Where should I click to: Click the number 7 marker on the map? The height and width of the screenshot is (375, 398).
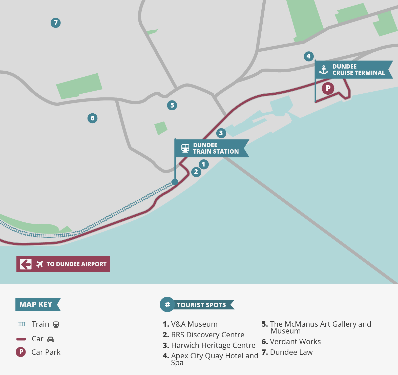[x=56, y=23]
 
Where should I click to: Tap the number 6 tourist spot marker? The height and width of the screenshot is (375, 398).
[x=92, y=118]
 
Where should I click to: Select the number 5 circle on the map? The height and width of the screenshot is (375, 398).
[x=172, y=105]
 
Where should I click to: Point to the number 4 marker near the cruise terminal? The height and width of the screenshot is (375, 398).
[x=308, y=56]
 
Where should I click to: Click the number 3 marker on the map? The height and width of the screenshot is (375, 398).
[x=221, y=133]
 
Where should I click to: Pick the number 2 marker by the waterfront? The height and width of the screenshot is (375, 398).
[x=196, y=172]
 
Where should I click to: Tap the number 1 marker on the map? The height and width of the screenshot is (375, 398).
[x=204, y=164]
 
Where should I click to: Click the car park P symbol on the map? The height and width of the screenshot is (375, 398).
[x=328, y=88]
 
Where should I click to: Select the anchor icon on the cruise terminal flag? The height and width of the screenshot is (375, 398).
[x=324, y=70]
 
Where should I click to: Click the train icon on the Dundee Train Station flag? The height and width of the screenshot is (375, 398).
[x=185, y=148]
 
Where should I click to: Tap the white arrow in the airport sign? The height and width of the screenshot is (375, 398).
[x=26, y=264]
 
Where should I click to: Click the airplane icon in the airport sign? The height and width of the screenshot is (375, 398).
[x=40, y=264]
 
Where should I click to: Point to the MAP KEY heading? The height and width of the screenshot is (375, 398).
[x=36, y=304]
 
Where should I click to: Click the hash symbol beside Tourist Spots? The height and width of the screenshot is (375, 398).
[x=167, y=304]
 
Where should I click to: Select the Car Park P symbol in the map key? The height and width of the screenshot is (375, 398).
[x=21, y=352]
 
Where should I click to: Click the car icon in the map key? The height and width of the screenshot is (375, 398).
[x=51, y=339]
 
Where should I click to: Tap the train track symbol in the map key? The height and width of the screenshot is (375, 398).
[x=22, y=324]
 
